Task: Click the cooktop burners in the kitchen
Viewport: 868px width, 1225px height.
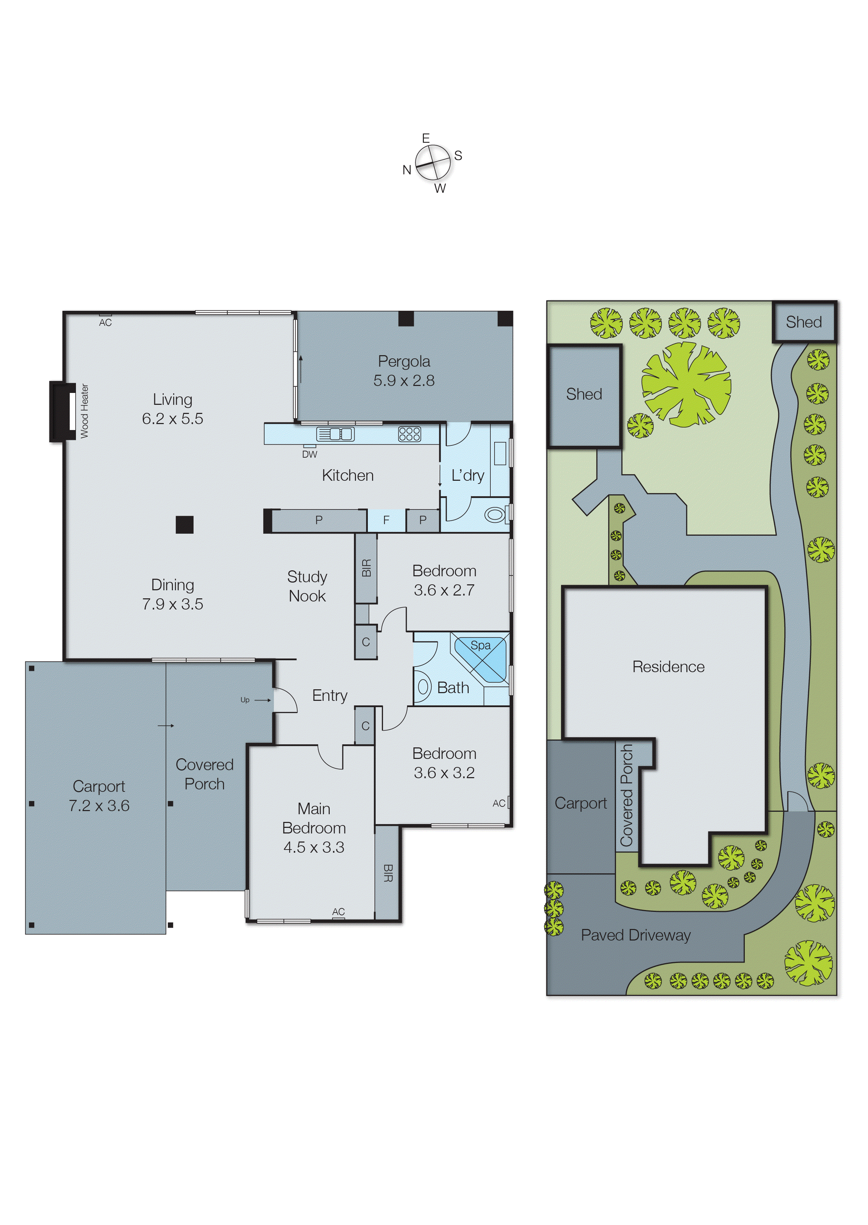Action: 409,434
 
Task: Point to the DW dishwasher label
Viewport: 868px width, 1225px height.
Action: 309,455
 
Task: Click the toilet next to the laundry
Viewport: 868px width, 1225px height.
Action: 495,514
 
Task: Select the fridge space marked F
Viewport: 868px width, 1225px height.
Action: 386,520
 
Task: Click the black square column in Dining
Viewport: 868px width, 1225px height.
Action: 184,524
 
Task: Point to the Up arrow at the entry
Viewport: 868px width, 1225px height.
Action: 255,700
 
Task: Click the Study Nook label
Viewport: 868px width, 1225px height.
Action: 307,586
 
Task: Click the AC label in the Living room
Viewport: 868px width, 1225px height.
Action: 105,322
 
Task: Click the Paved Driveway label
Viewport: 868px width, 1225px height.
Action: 636,935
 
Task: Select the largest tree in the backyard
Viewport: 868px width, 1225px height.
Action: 686,385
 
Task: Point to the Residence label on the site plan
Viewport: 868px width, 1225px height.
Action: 668,667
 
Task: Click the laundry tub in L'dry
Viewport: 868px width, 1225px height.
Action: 500,453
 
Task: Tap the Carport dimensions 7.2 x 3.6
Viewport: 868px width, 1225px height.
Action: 99,805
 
